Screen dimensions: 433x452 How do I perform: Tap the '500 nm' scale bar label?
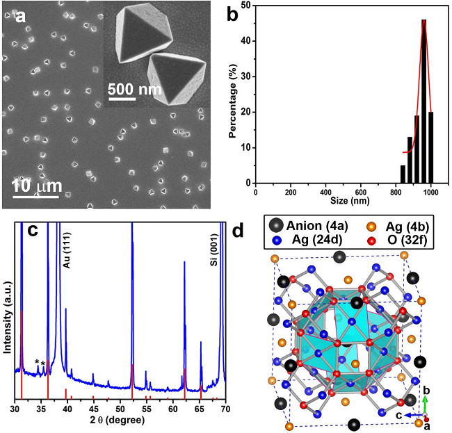point(135,90)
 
